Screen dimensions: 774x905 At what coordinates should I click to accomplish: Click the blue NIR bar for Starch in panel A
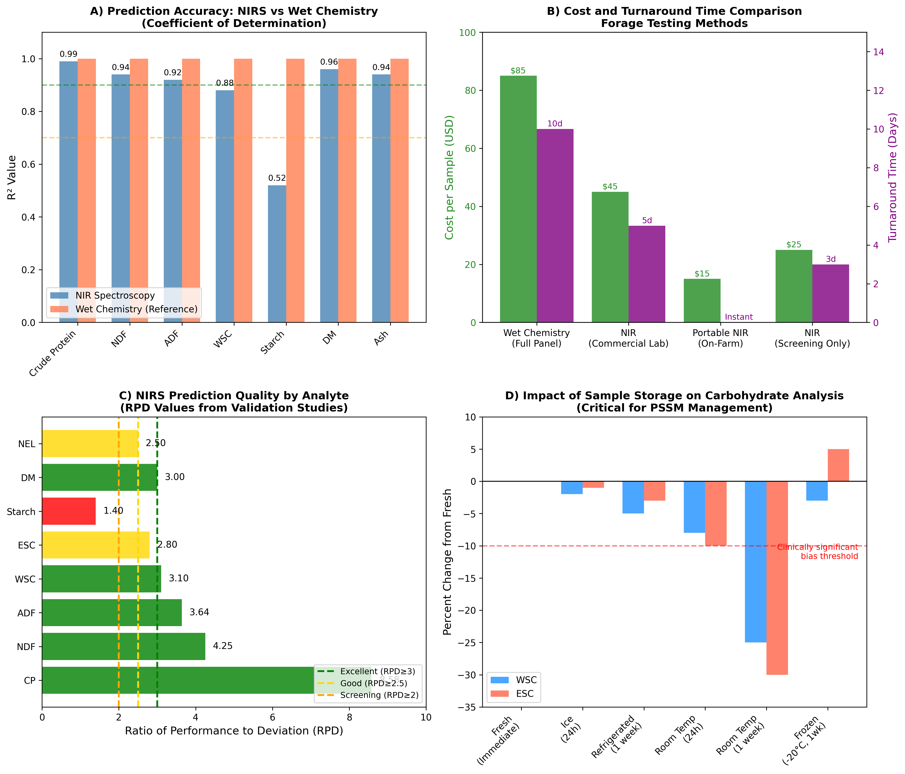277,253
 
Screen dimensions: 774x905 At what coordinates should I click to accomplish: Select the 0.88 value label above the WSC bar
225,83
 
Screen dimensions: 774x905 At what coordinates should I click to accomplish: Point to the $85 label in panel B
518,71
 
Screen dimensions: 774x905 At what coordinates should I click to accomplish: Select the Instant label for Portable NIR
739,317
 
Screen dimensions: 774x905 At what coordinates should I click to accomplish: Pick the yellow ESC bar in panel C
96,545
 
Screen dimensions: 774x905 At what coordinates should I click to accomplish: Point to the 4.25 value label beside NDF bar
223,646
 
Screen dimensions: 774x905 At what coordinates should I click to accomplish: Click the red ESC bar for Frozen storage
838,465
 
